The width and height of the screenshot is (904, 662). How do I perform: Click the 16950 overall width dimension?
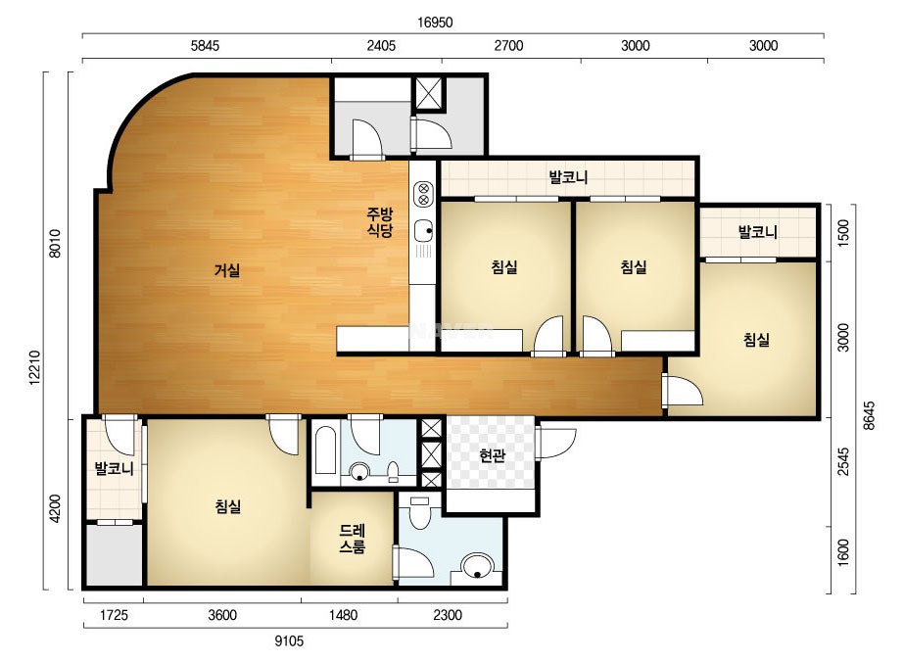435,23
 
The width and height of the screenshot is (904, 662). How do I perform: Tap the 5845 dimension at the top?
206,46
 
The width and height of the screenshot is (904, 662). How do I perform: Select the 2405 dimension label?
381,46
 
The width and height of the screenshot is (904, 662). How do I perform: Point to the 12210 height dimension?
34,367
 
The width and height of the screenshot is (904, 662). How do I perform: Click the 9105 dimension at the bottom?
289,640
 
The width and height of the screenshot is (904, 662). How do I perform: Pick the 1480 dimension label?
343,615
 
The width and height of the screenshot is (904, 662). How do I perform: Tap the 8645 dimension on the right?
869,415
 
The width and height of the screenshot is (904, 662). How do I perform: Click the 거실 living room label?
227,269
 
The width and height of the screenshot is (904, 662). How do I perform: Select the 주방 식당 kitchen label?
380,222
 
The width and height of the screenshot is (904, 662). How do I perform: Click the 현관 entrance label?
493,455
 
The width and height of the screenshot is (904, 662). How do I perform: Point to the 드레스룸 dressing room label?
352,538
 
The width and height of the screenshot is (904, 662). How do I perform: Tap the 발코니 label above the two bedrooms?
568,176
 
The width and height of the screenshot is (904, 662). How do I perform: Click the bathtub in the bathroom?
326,450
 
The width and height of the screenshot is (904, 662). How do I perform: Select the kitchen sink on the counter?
423,231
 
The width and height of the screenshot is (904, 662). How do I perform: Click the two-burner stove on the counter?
424,194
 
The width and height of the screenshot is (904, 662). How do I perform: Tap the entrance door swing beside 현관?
555,443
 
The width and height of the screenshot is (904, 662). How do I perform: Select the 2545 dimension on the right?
843,461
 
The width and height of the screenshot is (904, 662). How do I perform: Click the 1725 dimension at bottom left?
114,615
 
